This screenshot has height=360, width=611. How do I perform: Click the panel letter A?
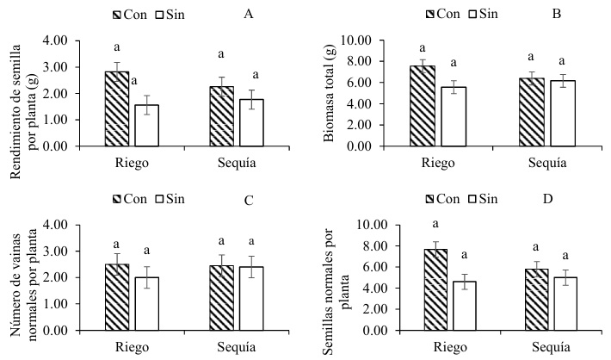[249, 15]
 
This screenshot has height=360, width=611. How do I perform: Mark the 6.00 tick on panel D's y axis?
[358, 267]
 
